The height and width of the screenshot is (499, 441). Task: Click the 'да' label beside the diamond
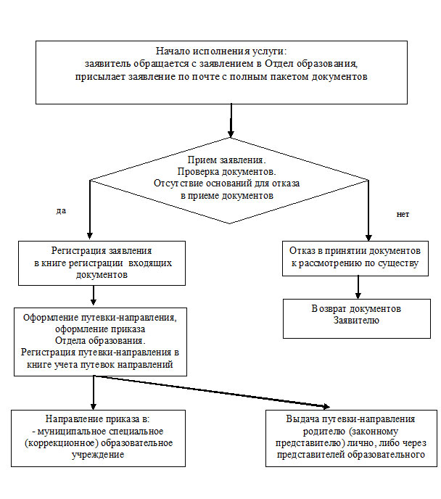pos(61,211)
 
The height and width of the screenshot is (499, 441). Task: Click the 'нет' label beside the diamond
pos(403,215)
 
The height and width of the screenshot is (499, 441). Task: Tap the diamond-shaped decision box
pos(229,181)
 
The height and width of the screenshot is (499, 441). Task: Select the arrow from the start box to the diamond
pos(231,120)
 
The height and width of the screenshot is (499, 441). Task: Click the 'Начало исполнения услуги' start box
pos(221,73)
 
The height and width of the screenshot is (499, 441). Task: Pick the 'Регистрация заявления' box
pos(102,263)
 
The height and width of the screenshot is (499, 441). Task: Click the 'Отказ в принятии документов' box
pos(355,258)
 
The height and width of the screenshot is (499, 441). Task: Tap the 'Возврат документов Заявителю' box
pos(357,318)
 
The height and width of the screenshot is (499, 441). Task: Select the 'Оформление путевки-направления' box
pos(100,342)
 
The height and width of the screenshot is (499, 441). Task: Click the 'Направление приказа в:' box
pos(99,438)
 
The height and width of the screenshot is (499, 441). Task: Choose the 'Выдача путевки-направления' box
pos(351,438)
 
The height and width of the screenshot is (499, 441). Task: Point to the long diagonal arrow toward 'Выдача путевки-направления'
pos(212,391)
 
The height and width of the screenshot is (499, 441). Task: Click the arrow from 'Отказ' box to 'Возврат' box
pos(358,287)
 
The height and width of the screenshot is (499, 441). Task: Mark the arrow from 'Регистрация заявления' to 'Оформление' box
pos(94,295)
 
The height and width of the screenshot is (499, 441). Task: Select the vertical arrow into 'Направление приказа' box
pos(94,392)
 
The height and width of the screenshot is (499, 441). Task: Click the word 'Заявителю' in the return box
pos(356,321)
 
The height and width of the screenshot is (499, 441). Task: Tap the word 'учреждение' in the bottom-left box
pos(98,455)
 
